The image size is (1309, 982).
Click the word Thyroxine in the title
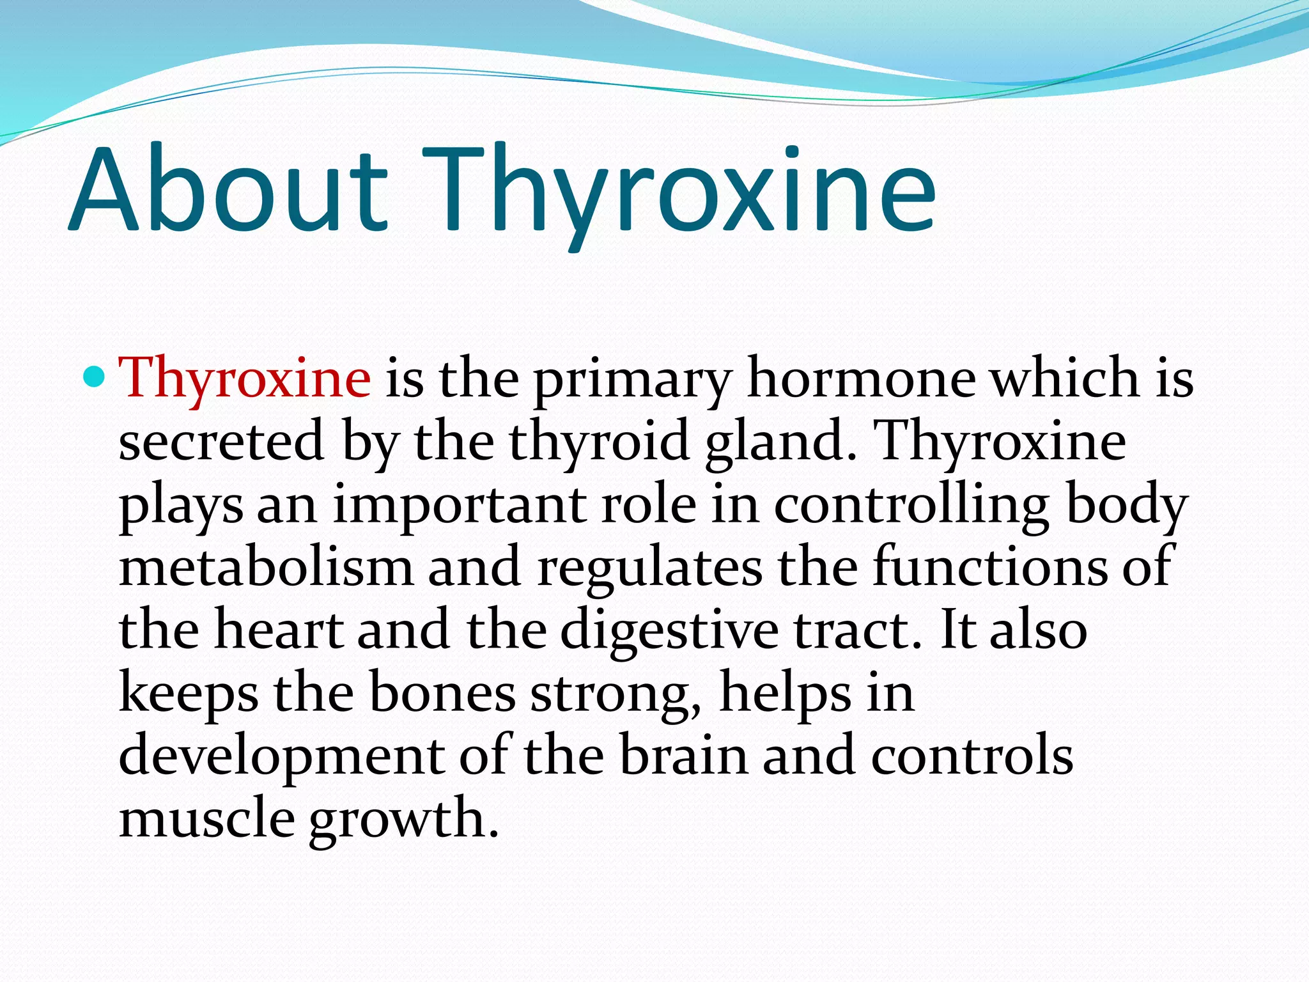click(x=681, y=192)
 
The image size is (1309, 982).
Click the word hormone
click(x=862, y=378)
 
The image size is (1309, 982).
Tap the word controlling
click(x=911, y=506)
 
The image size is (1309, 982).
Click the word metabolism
click(x=266, y=567)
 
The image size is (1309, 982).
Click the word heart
click(x=279, y=630)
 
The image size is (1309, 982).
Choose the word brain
click(x=683, y=756)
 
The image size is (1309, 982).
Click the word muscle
click(x=206, y=819)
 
